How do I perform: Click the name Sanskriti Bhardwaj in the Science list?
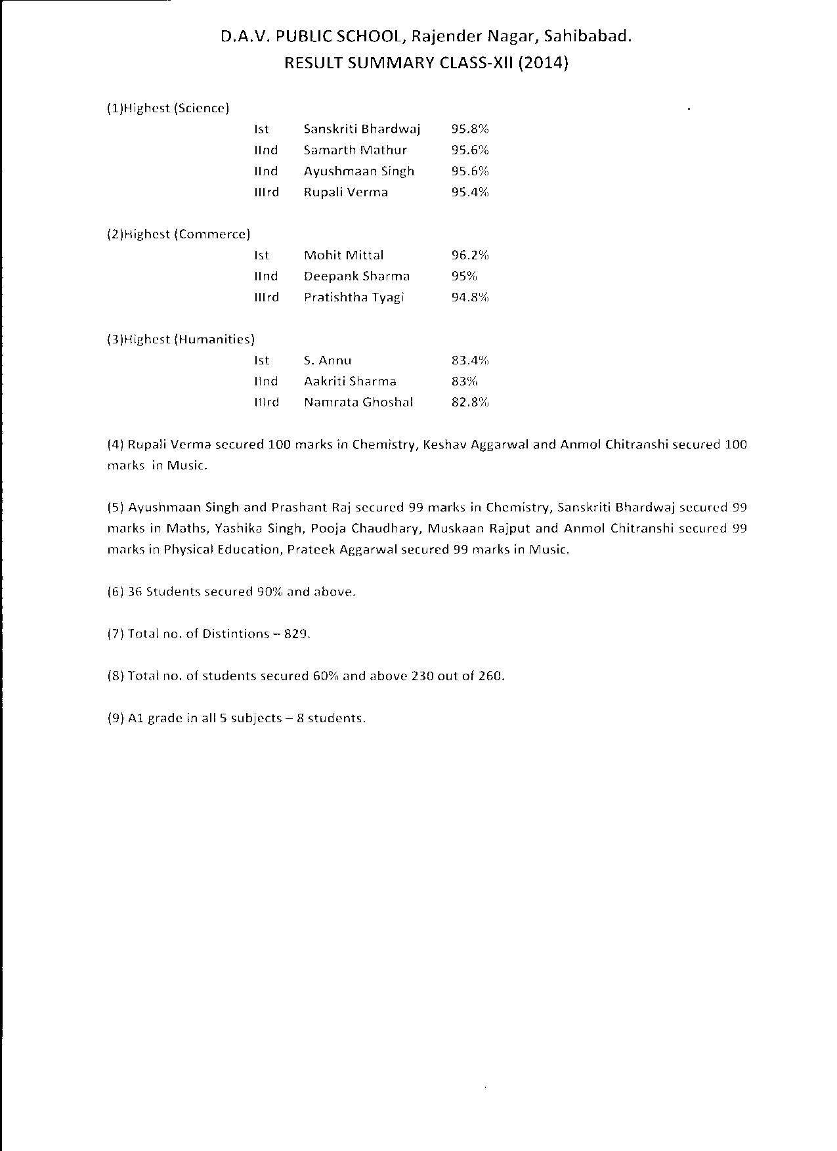point(362,129)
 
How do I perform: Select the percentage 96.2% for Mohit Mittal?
point(469,255)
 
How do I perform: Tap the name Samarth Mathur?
point(355,150)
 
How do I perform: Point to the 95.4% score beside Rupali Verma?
point(469,192)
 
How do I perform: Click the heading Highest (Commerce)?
point(179,234)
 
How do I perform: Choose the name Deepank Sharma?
point(356,276)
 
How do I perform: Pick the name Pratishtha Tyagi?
point(354,297)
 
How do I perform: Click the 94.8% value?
point(469,297)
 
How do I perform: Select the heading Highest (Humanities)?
point(181,339)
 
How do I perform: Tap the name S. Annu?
point(328,360)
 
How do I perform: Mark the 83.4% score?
point(469,360)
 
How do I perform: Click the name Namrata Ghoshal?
point(358,402)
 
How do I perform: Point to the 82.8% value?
point(469,402)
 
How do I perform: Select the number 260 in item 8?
point(491,676)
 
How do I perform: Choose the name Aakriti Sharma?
point(350,381)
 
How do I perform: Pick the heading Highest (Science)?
point(168,108)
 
